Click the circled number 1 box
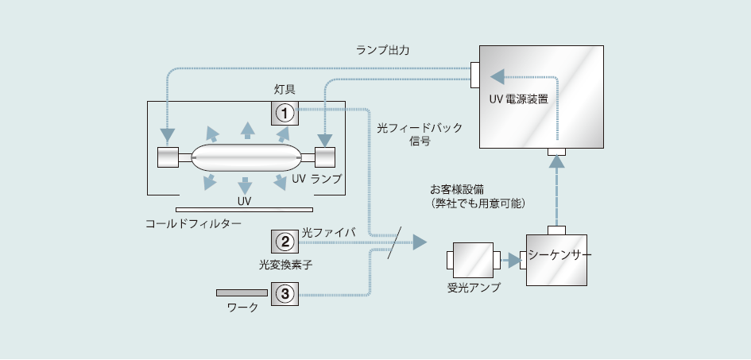click(285, 114)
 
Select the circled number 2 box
click(285, 241)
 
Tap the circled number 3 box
click(285, 293)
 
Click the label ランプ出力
click(383, 50)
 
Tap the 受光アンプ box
click(472, 260)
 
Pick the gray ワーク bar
click(242, 292)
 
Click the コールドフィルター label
click(193, 224)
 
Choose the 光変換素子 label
click(285, 263)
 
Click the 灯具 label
click(285, 90)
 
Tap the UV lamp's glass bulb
click(245, 157)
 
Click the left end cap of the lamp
click(168, 157)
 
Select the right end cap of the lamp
click(325, 157)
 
